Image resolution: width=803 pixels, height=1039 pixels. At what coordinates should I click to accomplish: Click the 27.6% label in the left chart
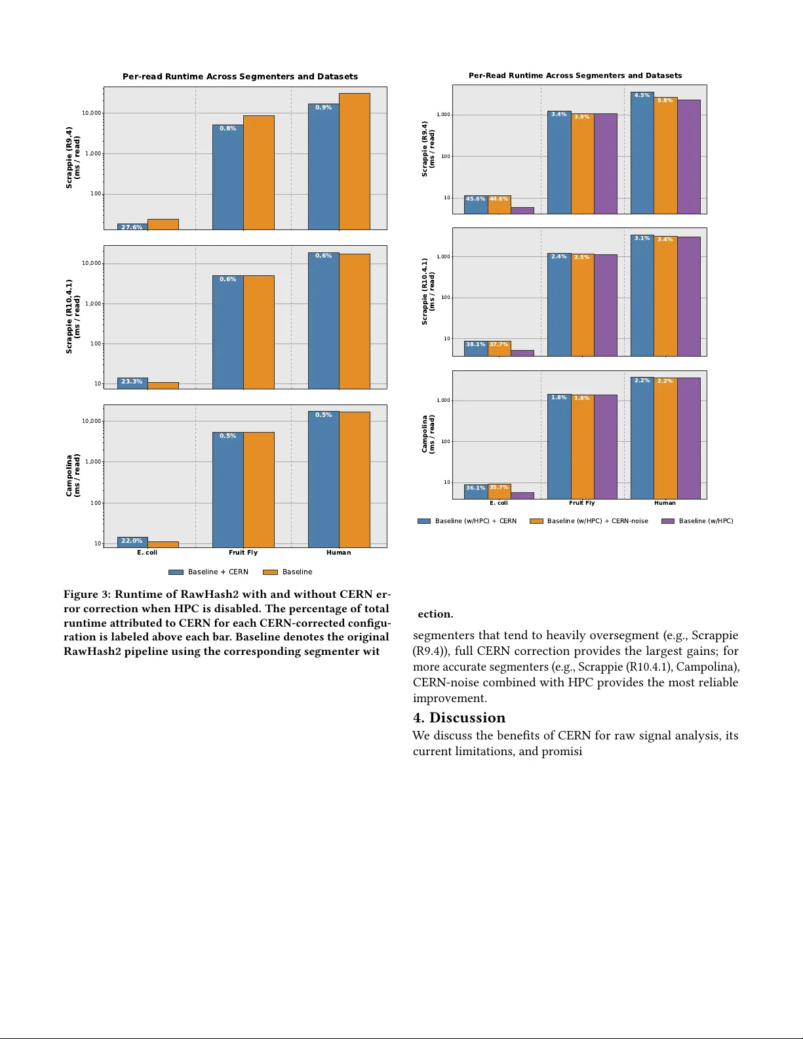[x=132, y=227]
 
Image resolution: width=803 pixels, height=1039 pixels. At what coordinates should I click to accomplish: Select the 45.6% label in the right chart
[x=475, y=199]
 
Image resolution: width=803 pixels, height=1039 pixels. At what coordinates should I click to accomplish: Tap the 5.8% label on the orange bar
[x=665, y=101]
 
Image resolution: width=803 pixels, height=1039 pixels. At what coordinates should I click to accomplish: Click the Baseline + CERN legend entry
[x=208, y=572]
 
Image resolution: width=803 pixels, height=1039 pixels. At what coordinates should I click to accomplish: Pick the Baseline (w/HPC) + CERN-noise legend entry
[x=589, y=521]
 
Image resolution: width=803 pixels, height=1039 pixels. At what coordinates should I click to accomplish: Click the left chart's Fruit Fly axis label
[x=243, y=553]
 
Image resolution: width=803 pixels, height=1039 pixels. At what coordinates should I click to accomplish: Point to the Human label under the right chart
[x=665, y=503]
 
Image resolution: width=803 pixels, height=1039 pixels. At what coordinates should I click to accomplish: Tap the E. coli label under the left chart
[x=147, y=553]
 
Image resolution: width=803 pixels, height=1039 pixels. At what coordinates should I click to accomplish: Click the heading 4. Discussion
[x=459, y=717]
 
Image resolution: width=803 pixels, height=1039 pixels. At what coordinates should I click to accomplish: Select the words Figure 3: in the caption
[x=87, y=594]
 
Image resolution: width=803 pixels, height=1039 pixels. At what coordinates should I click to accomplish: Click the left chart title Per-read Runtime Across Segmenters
[x=240, y=77]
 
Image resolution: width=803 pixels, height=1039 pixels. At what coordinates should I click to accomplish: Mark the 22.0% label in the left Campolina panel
[x=132, y=541]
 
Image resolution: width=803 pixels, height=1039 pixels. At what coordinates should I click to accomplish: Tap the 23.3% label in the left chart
[x=132, y=382]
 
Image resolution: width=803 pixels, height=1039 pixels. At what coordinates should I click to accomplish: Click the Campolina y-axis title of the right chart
[x=428, y=434]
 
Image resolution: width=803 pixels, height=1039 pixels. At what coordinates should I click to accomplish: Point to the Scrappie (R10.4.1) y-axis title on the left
[x=73, y=317]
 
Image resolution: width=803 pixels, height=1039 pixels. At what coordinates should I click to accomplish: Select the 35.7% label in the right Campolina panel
[x=499, y=487]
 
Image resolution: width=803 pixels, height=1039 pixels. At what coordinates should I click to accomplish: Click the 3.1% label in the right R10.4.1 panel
[x=642, y=238]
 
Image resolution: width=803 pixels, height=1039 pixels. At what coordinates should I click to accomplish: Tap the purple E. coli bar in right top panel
[x=522, y=210]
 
